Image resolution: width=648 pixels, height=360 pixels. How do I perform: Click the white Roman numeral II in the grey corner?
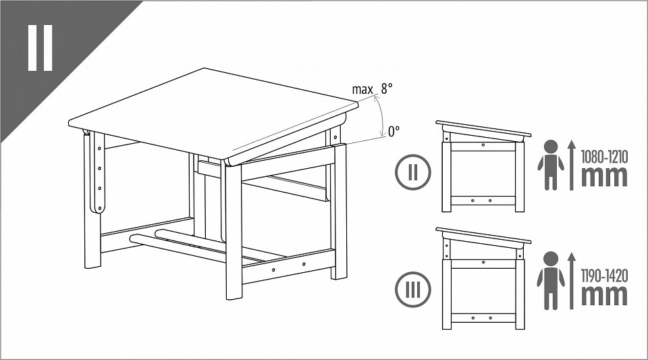[x=40, y=47]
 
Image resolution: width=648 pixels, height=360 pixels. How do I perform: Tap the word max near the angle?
[x=362, y=90]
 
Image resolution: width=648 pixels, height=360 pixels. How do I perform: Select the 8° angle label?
[x=387, y=88]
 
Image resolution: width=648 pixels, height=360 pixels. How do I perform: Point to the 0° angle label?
[x=394, y=132]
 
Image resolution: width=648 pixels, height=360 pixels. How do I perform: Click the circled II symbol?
[x=413, y=172]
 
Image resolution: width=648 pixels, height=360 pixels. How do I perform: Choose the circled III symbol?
[x=413, y=289]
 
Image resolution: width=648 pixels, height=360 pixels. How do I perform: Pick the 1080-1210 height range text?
[x=604, y=157]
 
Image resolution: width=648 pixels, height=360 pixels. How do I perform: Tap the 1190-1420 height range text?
[x=604, y=276]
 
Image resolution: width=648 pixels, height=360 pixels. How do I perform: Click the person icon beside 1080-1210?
[x=551, y=165]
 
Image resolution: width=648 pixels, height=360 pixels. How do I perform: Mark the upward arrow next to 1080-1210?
[x=572, y=165]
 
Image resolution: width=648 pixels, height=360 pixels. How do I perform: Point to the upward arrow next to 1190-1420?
[x=572, y=281]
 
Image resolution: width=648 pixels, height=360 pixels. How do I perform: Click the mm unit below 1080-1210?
[x=604, y=176]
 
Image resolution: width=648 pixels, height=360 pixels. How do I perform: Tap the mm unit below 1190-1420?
[x=604, y=295]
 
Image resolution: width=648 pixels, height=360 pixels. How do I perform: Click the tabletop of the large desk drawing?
[x=213, y=113]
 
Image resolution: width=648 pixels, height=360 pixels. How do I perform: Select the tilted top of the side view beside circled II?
[x=483, y=128]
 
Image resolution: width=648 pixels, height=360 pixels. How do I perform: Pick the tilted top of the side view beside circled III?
[x=483, y=235]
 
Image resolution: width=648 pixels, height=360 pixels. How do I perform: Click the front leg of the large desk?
[x=234, y=230]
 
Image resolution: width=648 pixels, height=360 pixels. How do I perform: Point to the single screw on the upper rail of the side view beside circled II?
[x=483, y=145]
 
